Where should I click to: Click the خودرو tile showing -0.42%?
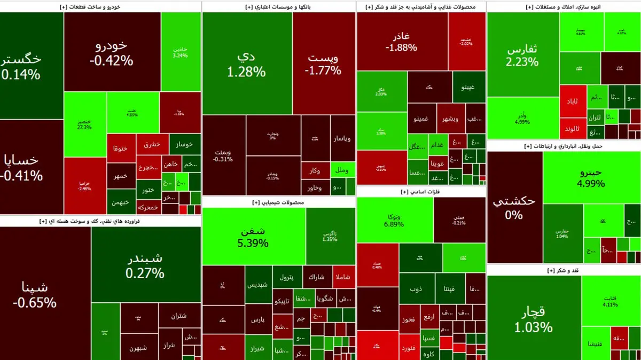click(x=112, y=52)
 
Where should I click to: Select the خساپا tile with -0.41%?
click(x=21, y=167)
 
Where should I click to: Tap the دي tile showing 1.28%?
click(x=246, y=64)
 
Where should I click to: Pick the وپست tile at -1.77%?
click(x=323, y=64)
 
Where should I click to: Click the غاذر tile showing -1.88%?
click(x=402, y=42)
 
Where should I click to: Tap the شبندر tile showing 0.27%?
click(x=145, y=266)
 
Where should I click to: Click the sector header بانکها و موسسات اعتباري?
click(x=278, y=7)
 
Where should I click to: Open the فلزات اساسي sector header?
click(x=409, y=192)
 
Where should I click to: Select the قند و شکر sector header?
click(x=564, y=271)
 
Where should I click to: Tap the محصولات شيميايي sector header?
click(x=278, y=202)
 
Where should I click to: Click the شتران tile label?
click(x=179, y=316)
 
